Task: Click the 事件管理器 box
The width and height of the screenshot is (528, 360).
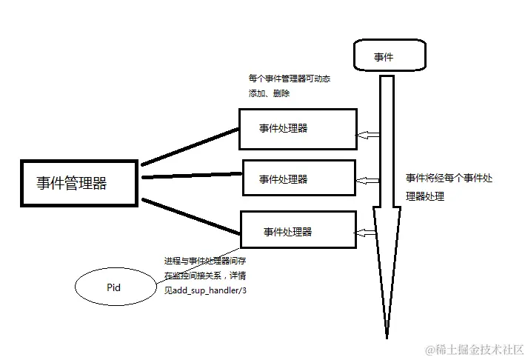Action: click(78, 182)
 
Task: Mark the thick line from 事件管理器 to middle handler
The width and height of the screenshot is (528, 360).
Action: click(191, 176)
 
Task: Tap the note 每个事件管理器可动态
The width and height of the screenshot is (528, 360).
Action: click(288, 78)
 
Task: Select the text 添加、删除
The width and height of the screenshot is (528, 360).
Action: click(270, 94)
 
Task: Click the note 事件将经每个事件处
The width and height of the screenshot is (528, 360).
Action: click(448, 179)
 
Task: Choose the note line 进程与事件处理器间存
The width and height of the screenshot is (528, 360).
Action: click(207, 261)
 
